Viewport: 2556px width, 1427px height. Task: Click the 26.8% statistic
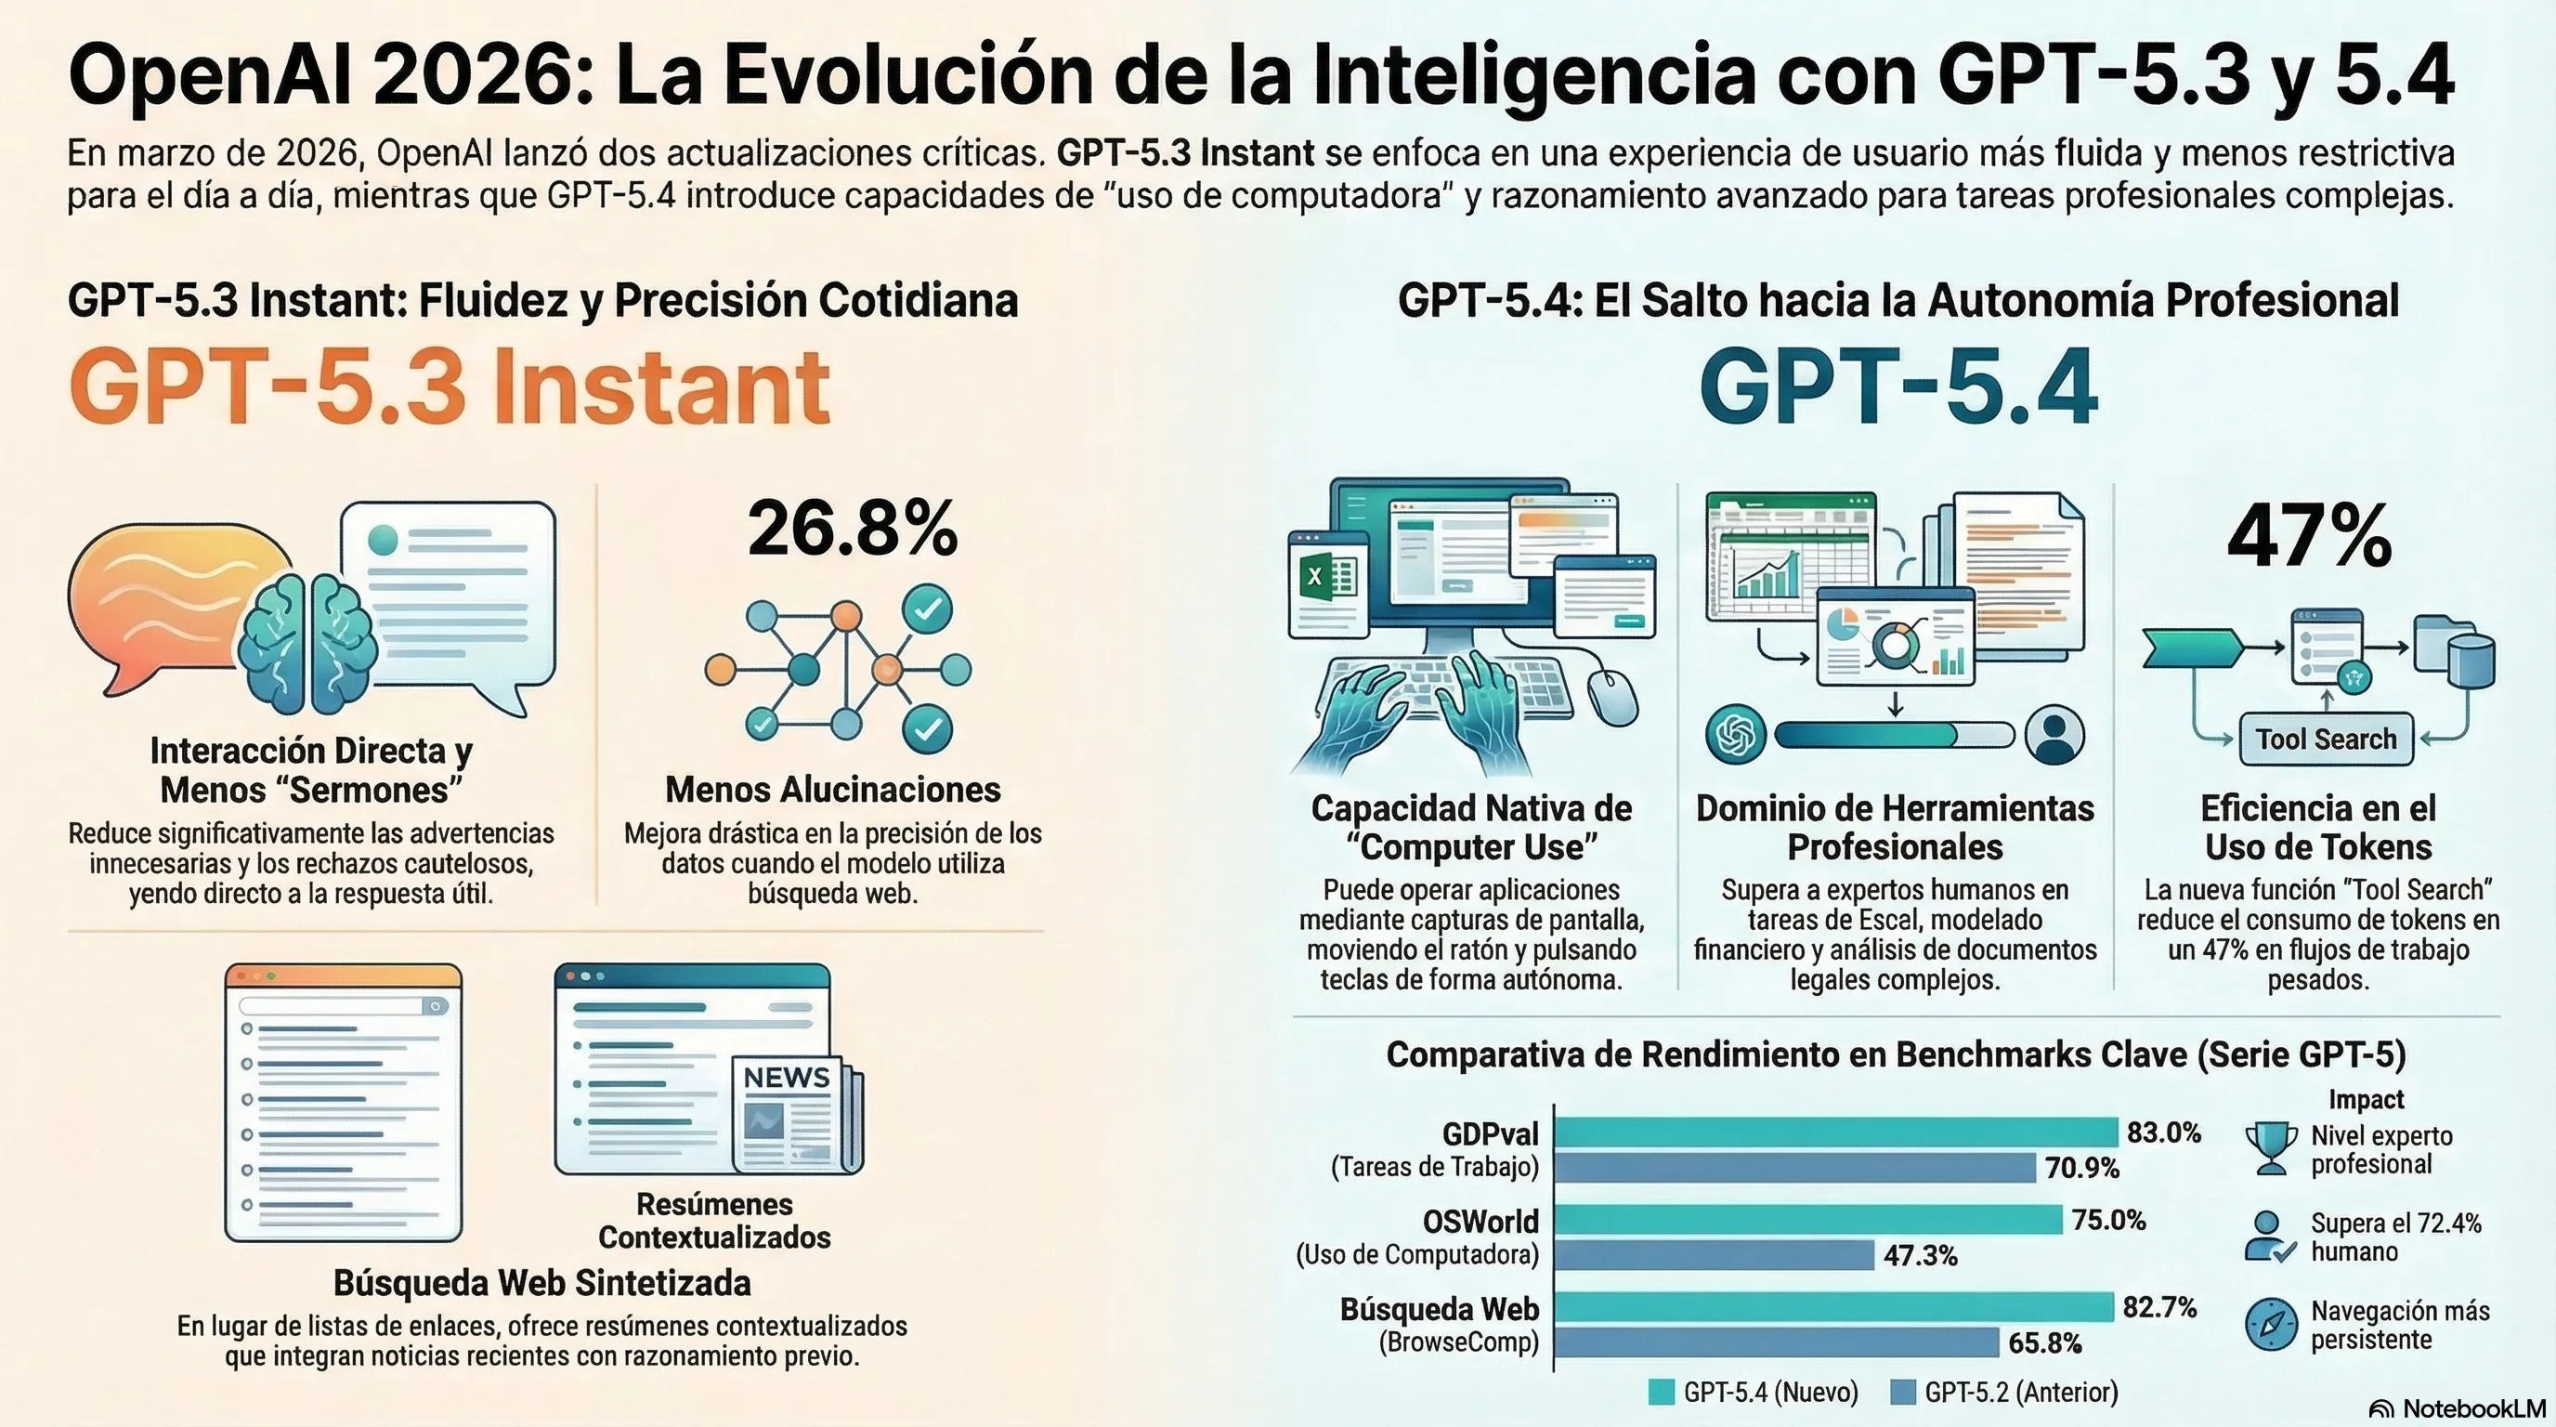coord(853,528)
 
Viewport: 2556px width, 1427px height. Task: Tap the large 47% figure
coord(2309,537)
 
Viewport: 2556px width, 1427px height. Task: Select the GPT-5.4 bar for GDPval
coord(1835,1132)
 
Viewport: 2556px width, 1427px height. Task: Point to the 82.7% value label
coord(2159,1307)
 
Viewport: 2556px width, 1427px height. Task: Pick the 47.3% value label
coord(1920,1255)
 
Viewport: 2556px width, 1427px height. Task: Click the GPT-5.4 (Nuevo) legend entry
coord(1754,1393)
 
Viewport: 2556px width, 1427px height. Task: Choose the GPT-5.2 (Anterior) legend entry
coord(2004,1393)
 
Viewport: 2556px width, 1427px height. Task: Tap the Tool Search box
coord(2326,740)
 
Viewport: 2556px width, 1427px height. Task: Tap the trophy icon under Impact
coord(2270,1147)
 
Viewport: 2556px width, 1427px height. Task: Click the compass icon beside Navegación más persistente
coord(2270,1324)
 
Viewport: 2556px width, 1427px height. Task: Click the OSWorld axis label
coord(1480,1221)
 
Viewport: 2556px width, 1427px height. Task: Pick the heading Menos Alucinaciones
coord(832,789)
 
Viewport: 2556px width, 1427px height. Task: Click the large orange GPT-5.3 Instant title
coord(450,387)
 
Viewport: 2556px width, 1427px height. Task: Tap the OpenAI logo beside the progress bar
coord(1735,735)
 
